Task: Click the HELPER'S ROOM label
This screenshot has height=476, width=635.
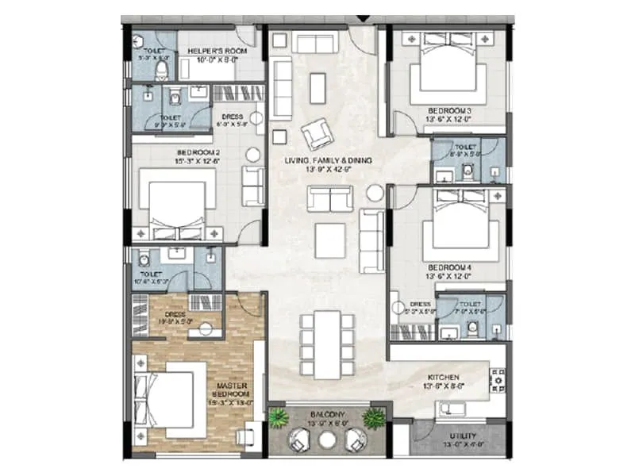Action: click(217, 51)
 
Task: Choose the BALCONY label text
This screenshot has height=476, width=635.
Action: click(327, 414)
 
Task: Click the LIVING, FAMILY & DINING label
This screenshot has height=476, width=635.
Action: click(328, 160)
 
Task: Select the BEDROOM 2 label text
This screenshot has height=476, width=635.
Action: click(198, 152)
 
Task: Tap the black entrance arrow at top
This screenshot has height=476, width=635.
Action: click(364, 17)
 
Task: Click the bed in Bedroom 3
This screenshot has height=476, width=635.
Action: click(447, 67)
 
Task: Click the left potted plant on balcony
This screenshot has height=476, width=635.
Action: click(279, 418)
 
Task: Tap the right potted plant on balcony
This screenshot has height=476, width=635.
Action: click(374, 418)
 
